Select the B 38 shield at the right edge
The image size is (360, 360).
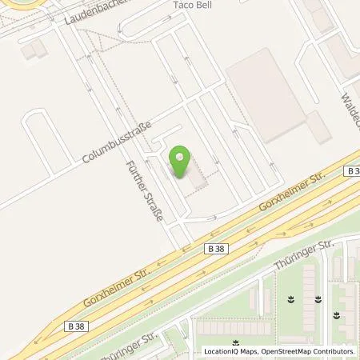pyautogui.click(x=352, y=171)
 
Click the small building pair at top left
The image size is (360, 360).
pyautogui.click(x=33, y=50)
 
